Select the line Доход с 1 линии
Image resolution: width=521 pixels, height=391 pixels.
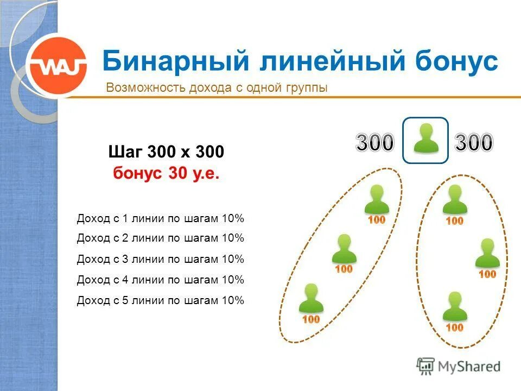click(161, 219)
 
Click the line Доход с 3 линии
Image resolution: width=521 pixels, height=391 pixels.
click(161, 259)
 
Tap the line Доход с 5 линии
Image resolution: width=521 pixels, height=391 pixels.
click(161, 300)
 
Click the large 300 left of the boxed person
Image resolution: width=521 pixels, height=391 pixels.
click(374, 143)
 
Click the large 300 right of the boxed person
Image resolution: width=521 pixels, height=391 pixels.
click(474, 143)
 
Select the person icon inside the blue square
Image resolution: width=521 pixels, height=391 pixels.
click(425, 139)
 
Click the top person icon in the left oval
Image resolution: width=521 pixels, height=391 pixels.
click(377, 199)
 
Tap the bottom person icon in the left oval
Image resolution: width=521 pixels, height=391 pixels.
click(311, 298)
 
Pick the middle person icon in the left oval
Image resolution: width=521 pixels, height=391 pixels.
click(344, 249)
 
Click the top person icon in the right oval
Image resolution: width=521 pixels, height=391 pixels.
click(454, 199)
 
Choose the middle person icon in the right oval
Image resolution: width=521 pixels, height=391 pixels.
click(487, 253)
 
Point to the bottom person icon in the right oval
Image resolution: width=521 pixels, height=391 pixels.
click(454, 306)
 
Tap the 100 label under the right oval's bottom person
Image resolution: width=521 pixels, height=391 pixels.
click(454, 327)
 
